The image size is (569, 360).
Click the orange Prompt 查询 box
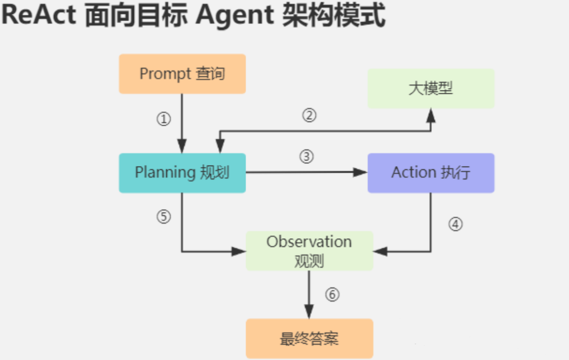[182, 74]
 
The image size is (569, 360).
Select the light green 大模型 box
[431, 88]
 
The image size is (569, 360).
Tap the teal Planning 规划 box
[182, 173]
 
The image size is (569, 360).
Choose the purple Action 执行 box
[431, 173]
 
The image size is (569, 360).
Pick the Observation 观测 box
[309, 251]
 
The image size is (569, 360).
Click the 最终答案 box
[309, 338]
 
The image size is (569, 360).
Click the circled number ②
[309, 116]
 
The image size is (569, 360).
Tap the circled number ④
[455, 224]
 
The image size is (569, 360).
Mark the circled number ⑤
[164, 217]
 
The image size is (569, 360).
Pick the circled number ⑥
[332, 295]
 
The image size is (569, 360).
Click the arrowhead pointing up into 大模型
[431, 115]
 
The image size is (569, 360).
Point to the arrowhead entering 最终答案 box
[309, 312]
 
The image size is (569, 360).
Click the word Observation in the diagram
[309, 242]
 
